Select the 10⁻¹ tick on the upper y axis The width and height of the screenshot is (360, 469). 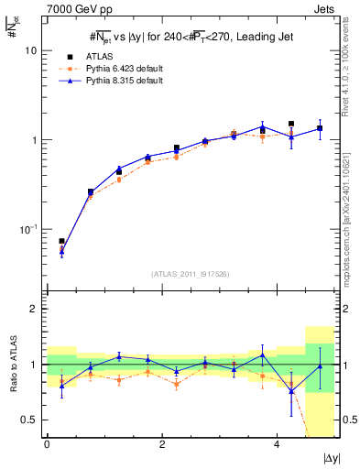coord(29,229)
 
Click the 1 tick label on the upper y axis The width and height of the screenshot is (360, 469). coord(36,140)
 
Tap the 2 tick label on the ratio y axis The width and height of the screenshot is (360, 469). coord(36,309)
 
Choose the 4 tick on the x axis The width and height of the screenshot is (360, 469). coord(277,444)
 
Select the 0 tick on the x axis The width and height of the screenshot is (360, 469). coord(47,444)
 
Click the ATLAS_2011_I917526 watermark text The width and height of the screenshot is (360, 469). coord(190,274)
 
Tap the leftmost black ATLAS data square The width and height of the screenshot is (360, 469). coord(61,241)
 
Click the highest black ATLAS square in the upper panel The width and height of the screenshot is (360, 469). coord(291,124)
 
